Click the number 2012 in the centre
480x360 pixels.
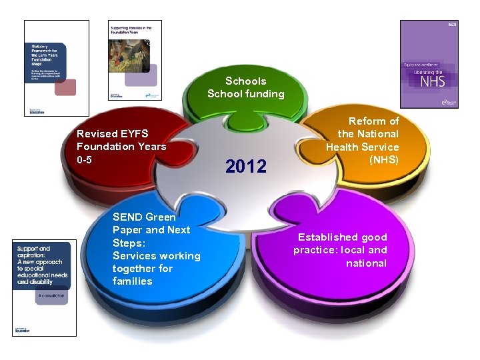(246, 166)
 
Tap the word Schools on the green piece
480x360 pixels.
(245, 81)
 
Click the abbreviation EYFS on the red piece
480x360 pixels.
(133, 133)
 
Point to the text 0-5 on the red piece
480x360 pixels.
(85, 159)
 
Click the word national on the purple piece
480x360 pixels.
(366, 263)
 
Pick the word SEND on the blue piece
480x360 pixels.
(127, 217)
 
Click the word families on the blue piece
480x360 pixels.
(132, 281)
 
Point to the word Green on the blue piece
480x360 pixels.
(160, 217)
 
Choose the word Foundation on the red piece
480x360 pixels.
(104, 147)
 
